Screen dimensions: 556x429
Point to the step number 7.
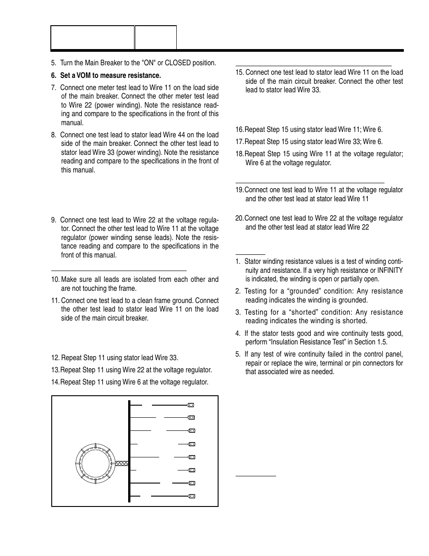54,88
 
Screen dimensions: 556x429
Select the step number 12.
55,358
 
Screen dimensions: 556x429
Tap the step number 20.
239,218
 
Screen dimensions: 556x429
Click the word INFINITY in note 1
390,270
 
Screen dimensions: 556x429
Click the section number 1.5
382,342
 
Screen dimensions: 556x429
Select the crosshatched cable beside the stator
122,463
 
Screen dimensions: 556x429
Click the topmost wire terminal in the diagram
191,405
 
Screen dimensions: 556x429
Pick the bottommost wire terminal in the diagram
191,496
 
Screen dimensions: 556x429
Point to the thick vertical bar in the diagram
130,451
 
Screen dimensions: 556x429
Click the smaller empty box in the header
156,37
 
